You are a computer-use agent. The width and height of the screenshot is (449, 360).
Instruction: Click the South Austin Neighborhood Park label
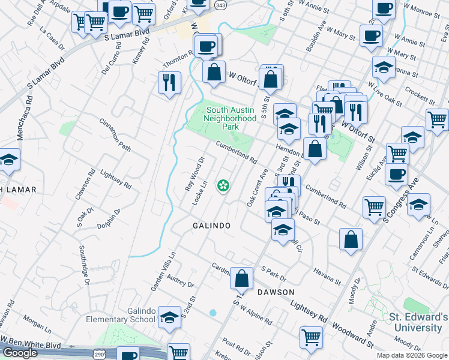231,118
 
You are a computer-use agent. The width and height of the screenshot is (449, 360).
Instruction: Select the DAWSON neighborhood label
276,292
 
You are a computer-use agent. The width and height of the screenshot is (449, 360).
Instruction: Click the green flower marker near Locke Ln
224,186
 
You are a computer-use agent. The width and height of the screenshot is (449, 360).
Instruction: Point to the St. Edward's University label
418,322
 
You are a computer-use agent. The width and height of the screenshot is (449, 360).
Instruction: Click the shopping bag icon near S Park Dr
242,278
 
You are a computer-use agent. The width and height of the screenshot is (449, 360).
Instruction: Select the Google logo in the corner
20,353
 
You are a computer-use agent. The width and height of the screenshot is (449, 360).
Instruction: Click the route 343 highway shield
220,5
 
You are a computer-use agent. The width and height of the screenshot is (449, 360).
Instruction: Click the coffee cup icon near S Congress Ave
396,175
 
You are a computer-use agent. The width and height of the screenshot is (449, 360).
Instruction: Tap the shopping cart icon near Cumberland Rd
374,207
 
